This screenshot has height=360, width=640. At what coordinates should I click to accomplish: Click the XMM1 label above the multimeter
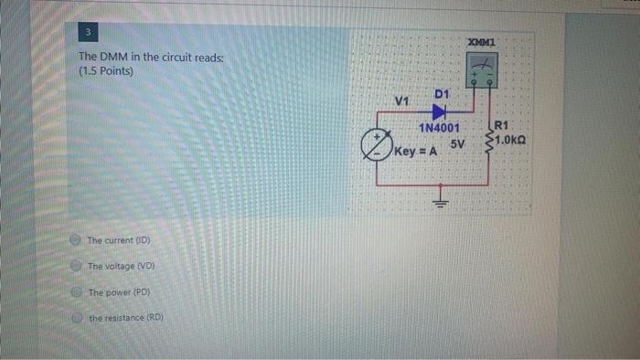click(x=481, y=43)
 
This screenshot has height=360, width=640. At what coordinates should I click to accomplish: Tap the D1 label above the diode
click(x=442, y=94)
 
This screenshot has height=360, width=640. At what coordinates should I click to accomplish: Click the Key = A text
click(x=414, y=151)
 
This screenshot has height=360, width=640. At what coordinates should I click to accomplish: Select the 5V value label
click(x=457, y=144)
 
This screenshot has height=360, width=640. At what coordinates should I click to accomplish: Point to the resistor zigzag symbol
click(x=491, y=137)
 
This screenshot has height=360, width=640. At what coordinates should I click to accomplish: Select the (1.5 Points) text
click(x=108, y=71)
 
